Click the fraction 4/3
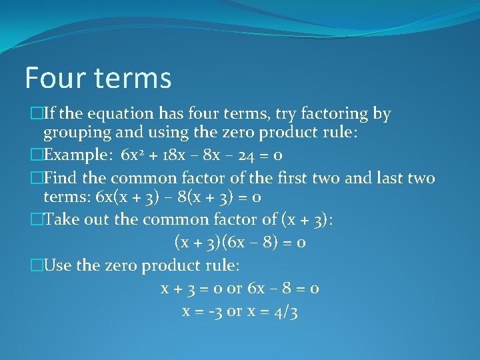pos(285,311)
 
